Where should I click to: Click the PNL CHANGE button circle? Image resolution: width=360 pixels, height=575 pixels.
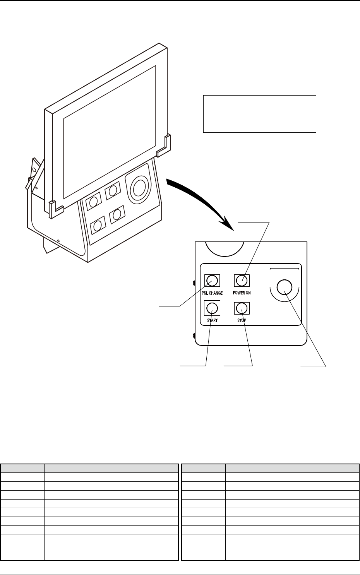[212, 280]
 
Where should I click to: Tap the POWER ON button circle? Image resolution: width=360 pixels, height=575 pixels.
[242, 280]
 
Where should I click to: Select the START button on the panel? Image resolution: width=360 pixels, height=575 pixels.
[211, 308]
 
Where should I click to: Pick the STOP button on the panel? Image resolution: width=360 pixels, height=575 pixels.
[242, 308]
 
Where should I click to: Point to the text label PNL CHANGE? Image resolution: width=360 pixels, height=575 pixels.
[212, 293]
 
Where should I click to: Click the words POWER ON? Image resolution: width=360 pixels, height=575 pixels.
[242, 293]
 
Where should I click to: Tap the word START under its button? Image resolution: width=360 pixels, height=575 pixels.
[212, 321]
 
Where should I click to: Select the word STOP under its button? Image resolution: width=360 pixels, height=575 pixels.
[242, 321]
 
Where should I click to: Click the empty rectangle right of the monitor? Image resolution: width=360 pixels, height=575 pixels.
[260, 114]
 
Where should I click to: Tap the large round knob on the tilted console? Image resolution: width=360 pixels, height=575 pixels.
[139, 188]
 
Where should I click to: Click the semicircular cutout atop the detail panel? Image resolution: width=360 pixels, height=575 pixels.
[224, 248]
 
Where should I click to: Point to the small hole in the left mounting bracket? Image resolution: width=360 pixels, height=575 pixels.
[34, 169]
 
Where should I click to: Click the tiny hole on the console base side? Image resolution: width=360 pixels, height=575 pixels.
[58, 241]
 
